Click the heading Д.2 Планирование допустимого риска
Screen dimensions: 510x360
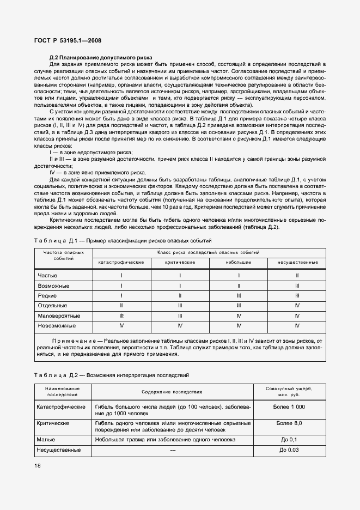pos(100,58)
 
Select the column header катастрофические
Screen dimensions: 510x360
pos(121,263)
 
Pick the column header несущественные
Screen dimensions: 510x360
pos(297,263)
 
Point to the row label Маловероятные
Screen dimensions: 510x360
pos(59,315)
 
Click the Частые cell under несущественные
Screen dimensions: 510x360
pos(297,276)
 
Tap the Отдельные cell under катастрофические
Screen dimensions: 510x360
pos(121,306)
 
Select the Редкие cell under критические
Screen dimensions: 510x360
pos(180,296)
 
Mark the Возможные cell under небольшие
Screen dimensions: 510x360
pos(239,286)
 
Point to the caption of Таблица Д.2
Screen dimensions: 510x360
pos(111,375)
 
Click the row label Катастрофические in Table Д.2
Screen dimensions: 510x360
pos(61,407)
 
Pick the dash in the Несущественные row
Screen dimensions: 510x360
pos(172,450)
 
